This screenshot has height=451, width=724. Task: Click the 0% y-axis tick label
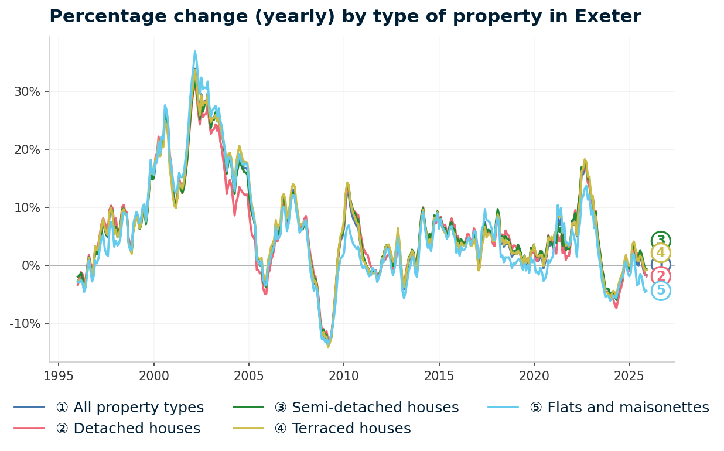tap(32, 266)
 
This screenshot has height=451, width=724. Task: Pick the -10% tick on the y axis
tap(26, 324)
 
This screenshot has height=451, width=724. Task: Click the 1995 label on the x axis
tap(59, 375)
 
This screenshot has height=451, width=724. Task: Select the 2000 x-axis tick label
tap(154, 375)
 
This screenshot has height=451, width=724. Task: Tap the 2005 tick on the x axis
tap(249, 375)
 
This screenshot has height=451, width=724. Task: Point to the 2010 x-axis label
tap(344, 375)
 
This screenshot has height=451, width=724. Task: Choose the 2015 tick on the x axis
tap(439, 375)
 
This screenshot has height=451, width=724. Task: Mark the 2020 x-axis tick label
tap(534, 375)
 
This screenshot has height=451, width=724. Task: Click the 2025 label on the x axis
tap(629, 375)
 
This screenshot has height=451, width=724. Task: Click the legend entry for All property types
tap(129, 408)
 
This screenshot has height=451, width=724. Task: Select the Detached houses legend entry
tap(128, 429)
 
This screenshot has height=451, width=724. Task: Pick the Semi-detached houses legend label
tap(366, 408)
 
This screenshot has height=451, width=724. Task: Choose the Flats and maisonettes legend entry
tap(619, 408)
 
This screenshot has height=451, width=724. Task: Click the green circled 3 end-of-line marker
tap(661, 241)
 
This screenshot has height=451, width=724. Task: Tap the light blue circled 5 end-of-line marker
tap(661, 291)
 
